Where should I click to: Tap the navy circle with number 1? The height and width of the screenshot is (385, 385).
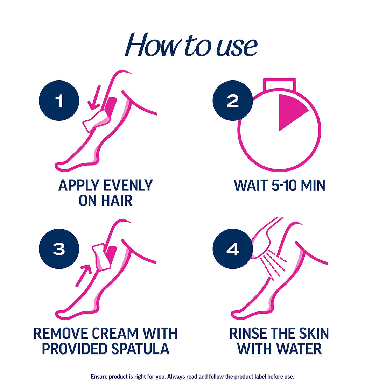point(59,101)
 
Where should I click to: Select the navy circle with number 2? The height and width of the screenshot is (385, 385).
point(233,101)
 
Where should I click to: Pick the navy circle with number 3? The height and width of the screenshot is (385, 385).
point(59,249)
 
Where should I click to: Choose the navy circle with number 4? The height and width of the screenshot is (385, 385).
point(233,249)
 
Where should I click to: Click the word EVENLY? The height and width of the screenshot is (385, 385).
point(128,185)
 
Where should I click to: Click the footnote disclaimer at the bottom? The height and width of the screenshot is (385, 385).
point(192,377)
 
